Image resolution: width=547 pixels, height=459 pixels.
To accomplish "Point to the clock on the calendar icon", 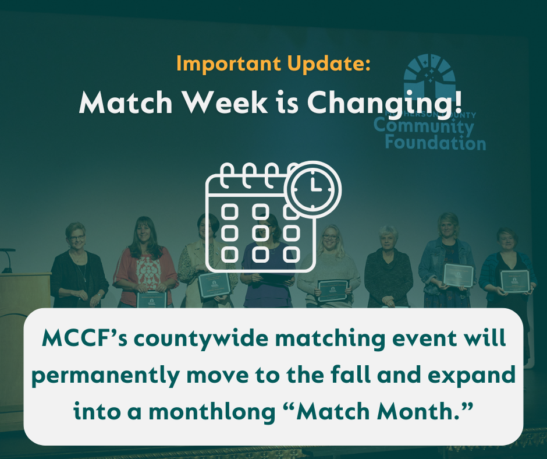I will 315,186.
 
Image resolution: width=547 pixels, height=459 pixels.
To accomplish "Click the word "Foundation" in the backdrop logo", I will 435,142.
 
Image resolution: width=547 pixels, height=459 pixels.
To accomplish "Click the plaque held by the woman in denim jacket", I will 459,274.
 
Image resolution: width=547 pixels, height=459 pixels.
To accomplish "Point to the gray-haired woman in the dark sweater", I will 388,268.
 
